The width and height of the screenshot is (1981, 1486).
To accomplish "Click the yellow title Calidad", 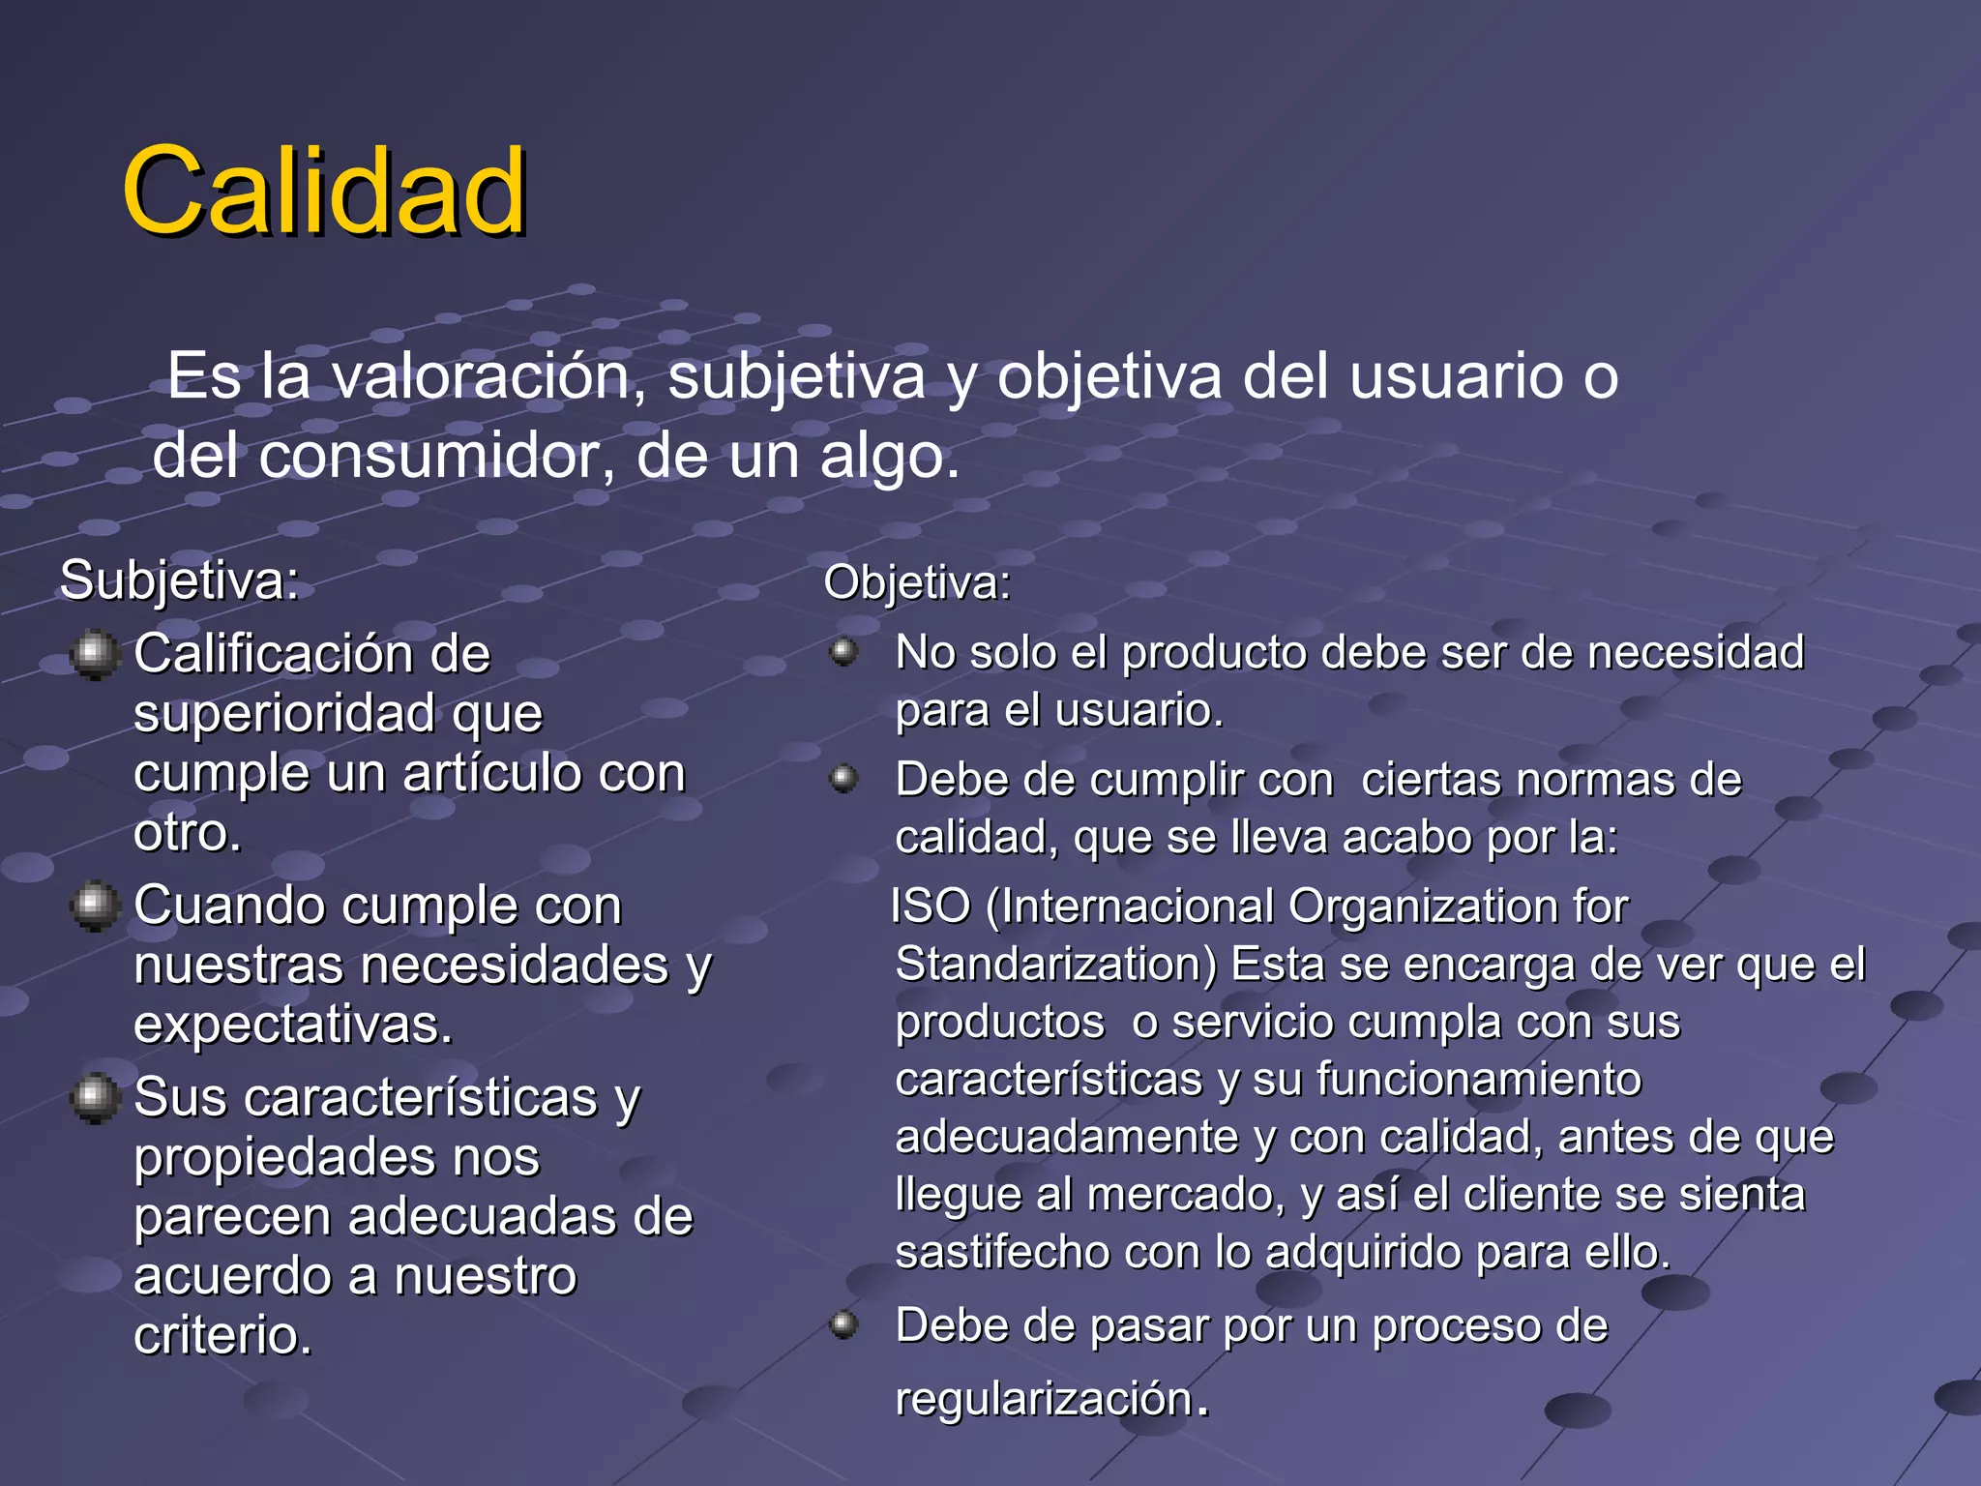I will point(324,191).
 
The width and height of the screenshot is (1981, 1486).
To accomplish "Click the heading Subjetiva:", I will point(180,580).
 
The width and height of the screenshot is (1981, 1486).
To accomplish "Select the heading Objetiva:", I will point(917,582).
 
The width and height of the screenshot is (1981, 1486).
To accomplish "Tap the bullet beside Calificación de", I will point(95,655).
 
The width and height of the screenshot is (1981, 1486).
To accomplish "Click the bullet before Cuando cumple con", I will point(95,906).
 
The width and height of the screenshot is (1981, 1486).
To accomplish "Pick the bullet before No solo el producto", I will point(844,652).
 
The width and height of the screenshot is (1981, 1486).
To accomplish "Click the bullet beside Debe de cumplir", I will point(844,779).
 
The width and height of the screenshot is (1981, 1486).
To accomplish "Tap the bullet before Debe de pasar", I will point(844,1324).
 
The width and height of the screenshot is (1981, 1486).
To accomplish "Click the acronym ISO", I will point(930,906).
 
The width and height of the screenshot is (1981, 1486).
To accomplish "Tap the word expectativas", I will point(293,1025).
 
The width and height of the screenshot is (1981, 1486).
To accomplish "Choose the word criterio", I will point(223,1336).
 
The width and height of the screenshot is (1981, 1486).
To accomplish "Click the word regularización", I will point(1045,1399).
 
